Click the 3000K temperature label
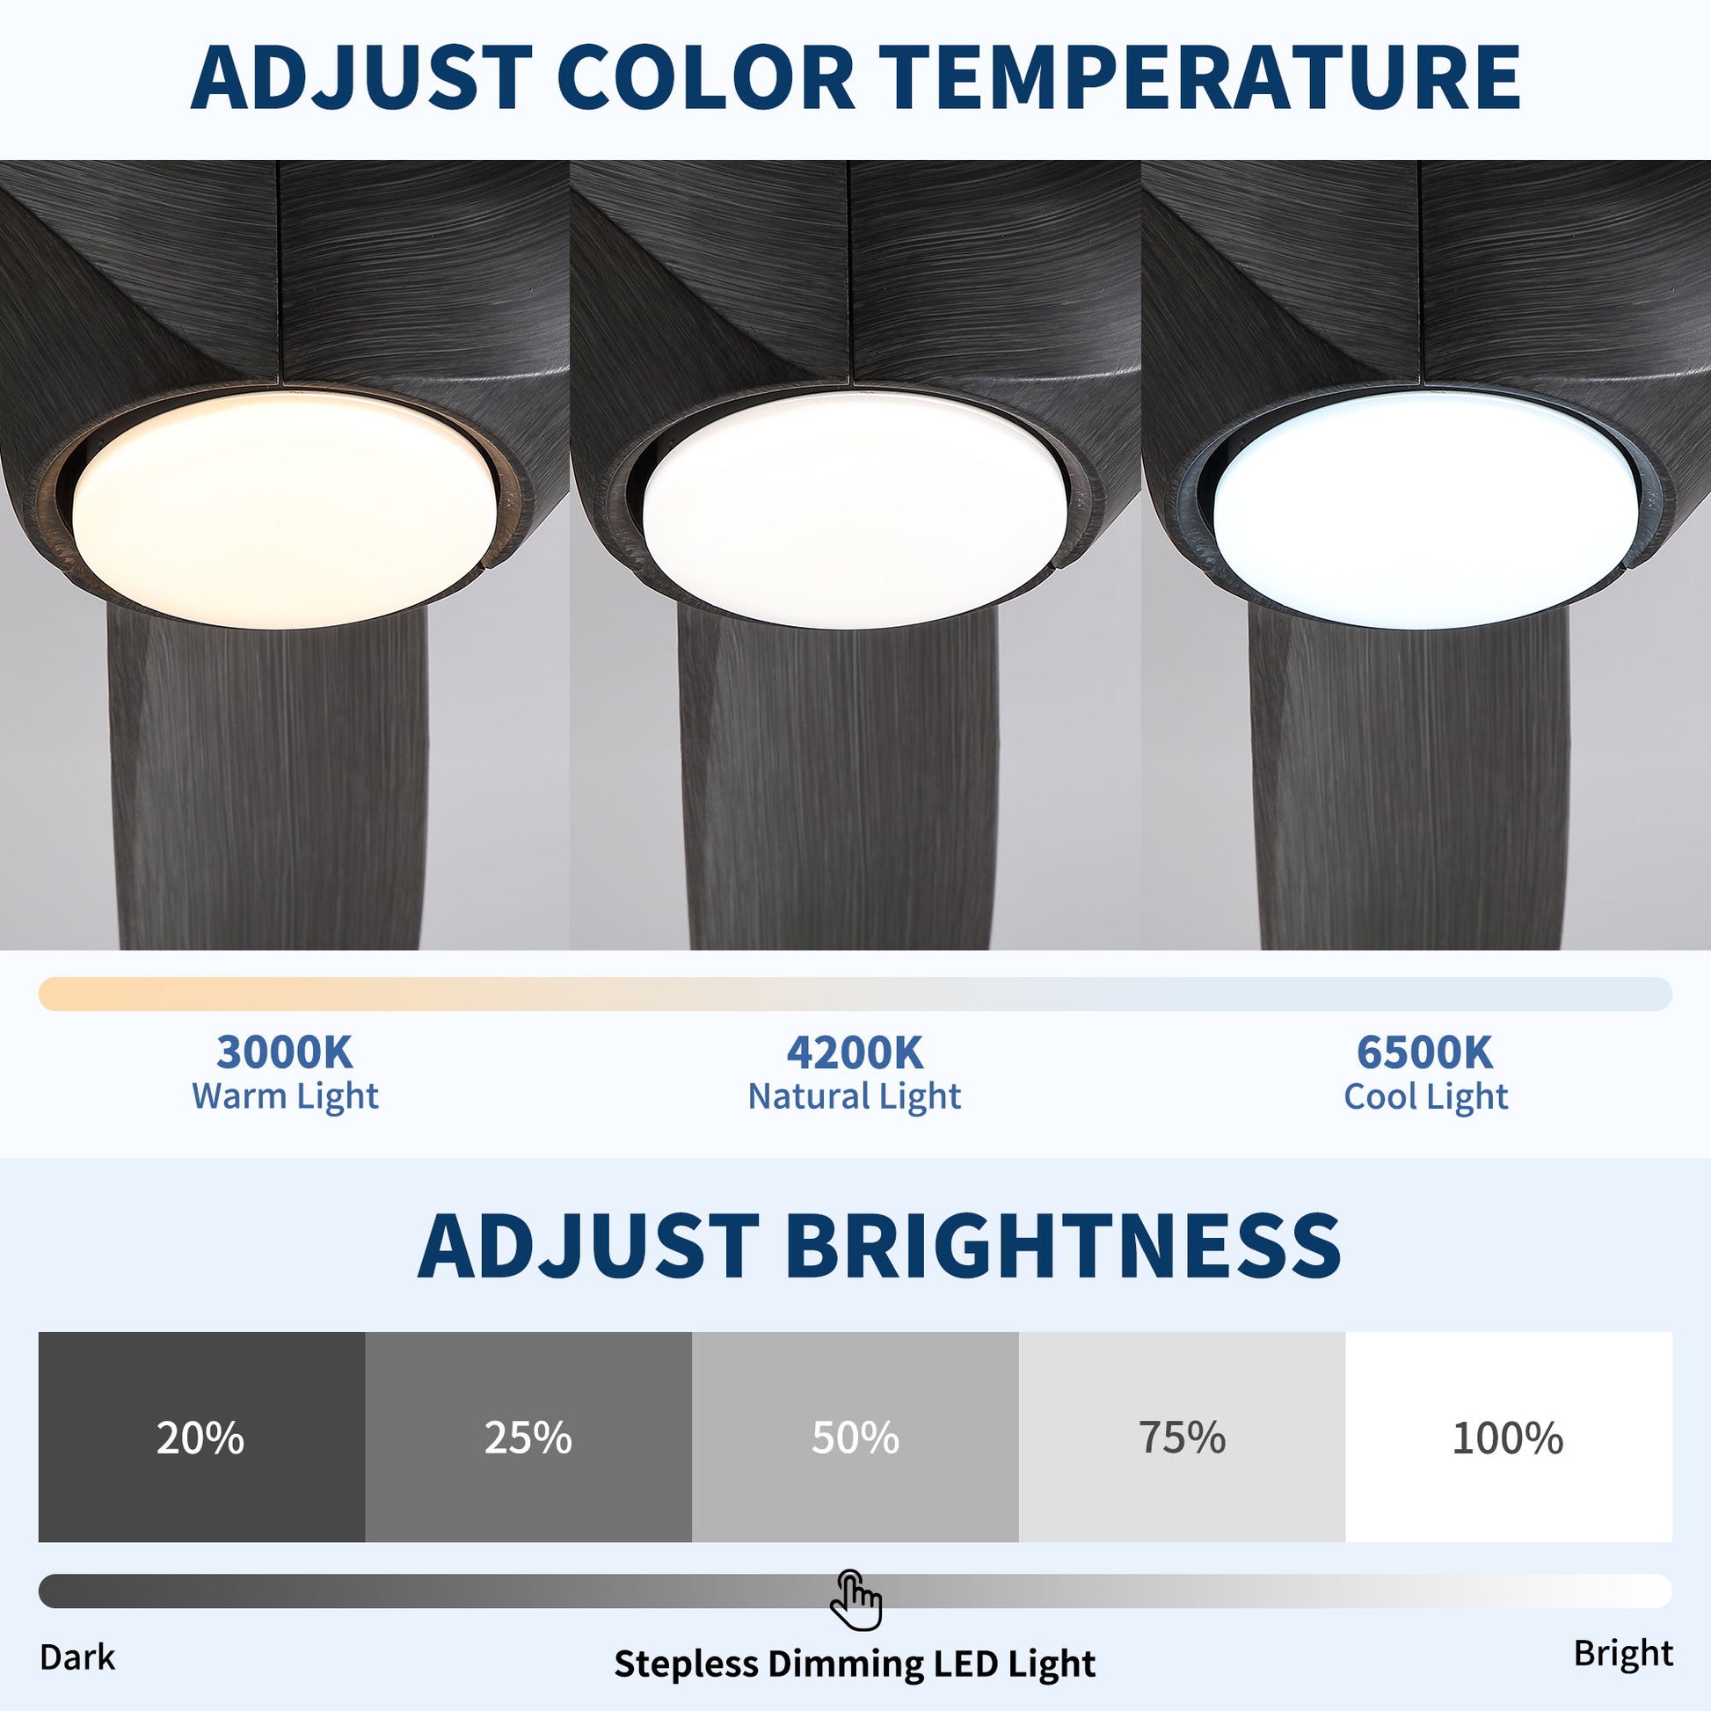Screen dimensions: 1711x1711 [x=284, y=1053]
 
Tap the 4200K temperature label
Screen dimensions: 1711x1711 [x=855, y=1053]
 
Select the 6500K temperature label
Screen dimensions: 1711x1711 [x=1425, y=1053]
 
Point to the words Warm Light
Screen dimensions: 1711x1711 [x=285, y=1097]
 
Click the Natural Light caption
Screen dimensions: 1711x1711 [x=855, y=1097]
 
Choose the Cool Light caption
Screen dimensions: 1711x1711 [x=1426, y=1097]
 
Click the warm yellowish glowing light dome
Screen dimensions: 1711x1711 [x=285, y=510]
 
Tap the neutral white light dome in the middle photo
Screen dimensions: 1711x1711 [x=855, y=510]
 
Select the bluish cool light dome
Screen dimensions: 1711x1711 [x=1426, y=510]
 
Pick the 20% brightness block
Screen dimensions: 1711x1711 [x=202, y=1438]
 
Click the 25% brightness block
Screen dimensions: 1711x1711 [x=528, y=1438]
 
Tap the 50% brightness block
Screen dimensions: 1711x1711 [x=855, y=1438]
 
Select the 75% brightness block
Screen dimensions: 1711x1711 [x=1183, y=1438]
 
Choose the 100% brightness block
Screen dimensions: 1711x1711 [x=1509, y=1438]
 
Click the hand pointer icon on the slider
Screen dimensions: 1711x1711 [x=855, y=1600]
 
